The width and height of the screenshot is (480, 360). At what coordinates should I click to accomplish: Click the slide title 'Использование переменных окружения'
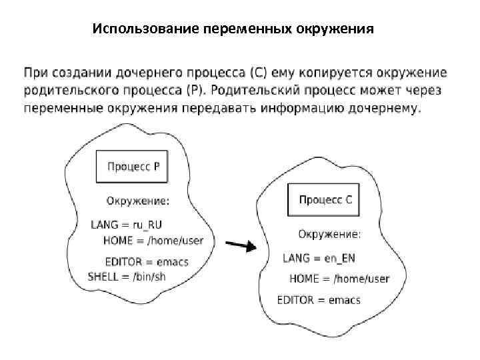coord(233,29)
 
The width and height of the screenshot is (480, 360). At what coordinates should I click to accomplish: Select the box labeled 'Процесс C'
coord(325,200)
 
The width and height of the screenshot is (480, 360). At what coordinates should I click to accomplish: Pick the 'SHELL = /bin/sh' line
coord(127,276)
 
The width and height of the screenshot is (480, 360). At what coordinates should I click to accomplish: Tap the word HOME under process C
coord(304,279)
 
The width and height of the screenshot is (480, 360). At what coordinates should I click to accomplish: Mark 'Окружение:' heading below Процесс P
coord(138,201)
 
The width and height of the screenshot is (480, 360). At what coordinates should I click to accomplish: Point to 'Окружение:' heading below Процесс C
coord(329,234)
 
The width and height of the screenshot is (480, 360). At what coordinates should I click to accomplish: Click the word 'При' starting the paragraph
coord(37,73)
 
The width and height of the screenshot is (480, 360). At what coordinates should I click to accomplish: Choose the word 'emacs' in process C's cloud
coord(344,300)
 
